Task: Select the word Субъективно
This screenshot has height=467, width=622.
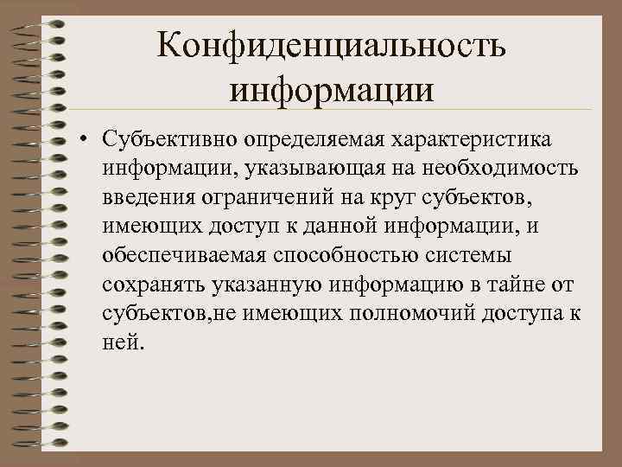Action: click(x=168, y=138)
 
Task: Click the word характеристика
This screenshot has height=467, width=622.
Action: click(x=476, y=138)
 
